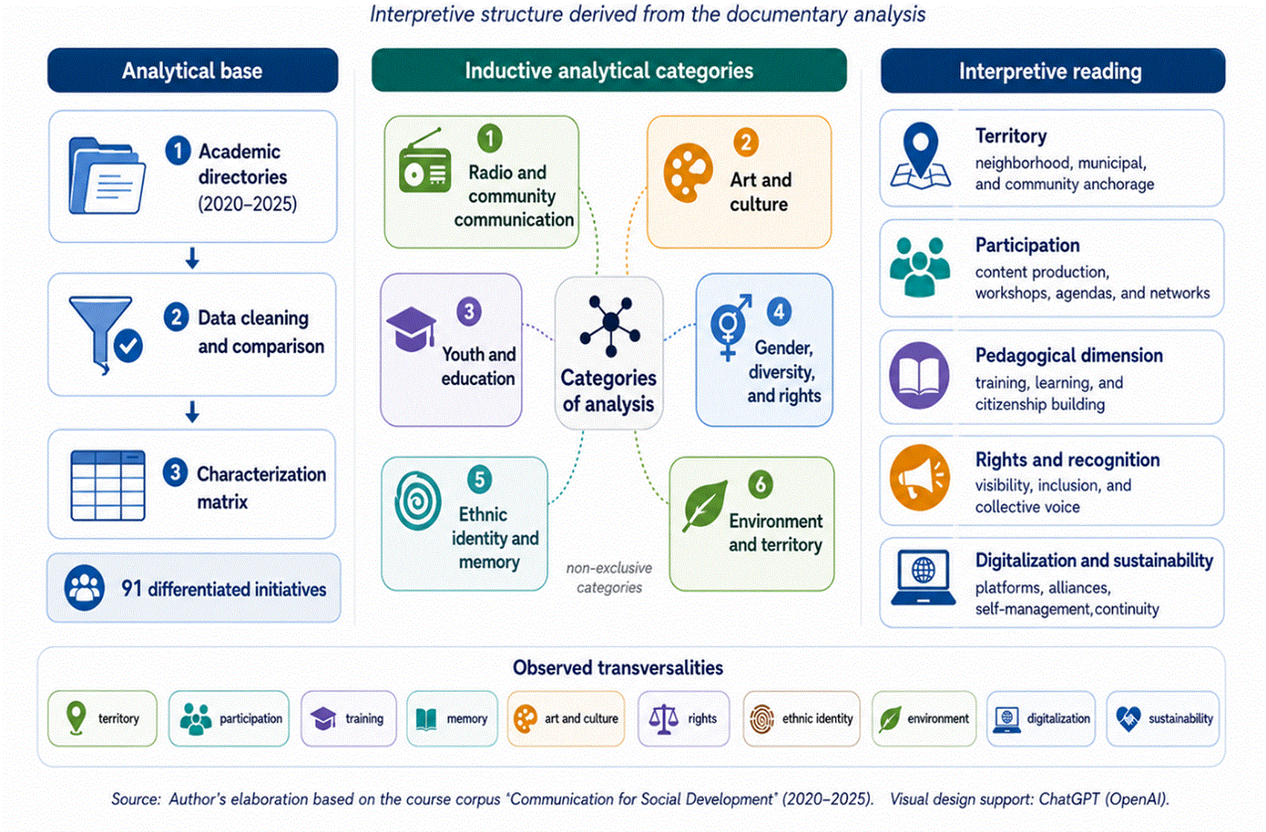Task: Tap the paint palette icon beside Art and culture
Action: pos(688,173)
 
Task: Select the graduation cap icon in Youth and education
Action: pos(412,329)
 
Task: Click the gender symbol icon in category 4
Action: pos(729,327)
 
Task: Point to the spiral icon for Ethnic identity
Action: pos(418,502)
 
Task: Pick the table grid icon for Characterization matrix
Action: pos(108,485)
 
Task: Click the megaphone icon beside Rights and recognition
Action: pos(920,478)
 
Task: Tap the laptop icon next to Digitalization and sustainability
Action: pos(923,577)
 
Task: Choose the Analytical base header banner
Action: pos(193,71)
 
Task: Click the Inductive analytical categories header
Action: pos(609,71)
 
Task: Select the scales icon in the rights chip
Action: pos(663,719)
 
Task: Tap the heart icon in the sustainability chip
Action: pos(1128,719)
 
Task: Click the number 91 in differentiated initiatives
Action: pos(131,589)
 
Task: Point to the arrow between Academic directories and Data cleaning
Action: pos(192,257)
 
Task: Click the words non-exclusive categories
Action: pos(610,577)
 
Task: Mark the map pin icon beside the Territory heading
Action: pos(921,155)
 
